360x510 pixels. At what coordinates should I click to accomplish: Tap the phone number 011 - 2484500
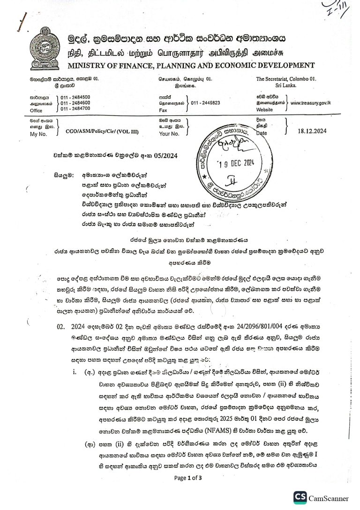[75, 97]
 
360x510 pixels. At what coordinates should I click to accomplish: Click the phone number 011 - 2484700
[75, 108]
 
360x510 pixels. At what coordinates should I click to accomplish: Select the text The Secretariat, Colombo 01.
[286, 79]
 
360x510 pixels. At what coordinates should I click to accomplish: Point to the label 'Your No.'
[169, 134]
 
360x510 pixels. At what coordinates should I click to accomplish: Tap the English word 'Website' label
[264, 109]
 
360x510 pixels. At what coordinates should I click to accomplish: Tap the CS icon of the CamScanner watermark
[300, 498]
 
